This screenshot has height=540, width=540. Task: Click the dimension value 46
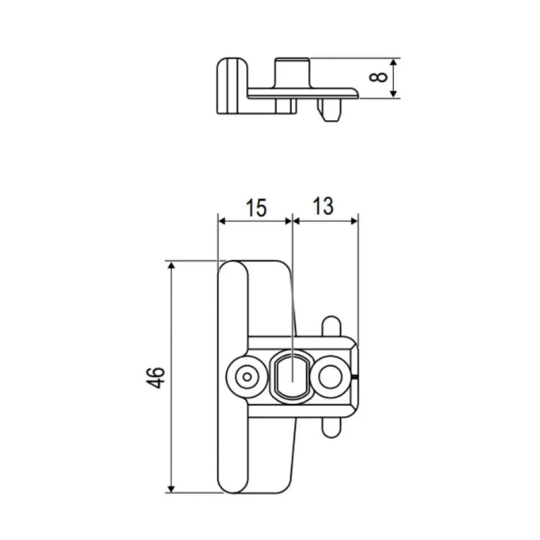click(x=157, y=377)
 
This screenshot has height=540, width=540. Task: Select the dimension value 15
click(x=255, y=207)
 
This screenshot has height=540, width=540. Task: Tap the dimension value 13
click(x=323, y=206)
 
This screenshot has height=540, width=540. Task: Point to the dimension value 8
click(x=379, y=77)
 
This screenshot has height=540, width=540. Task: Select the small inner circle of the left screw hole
click(x=246, y=377)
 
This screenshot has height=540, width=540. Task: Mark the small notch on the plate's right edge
click(x=358, y=377)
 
